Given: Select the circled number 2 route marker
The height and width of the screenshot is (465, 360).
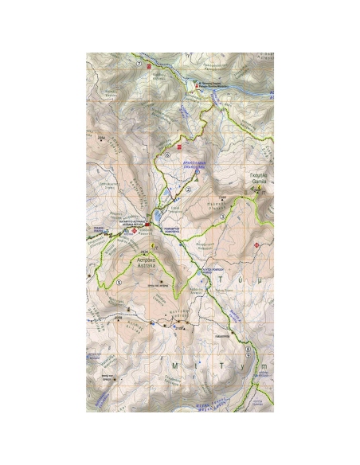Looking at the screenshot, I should coord(189,190).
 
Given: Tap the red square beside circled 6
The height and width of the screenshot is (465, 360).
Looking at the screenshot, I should coord(180,147).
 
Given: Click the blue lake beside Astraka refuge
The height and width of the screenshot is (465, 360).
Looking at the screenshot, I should coord(159,215).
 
